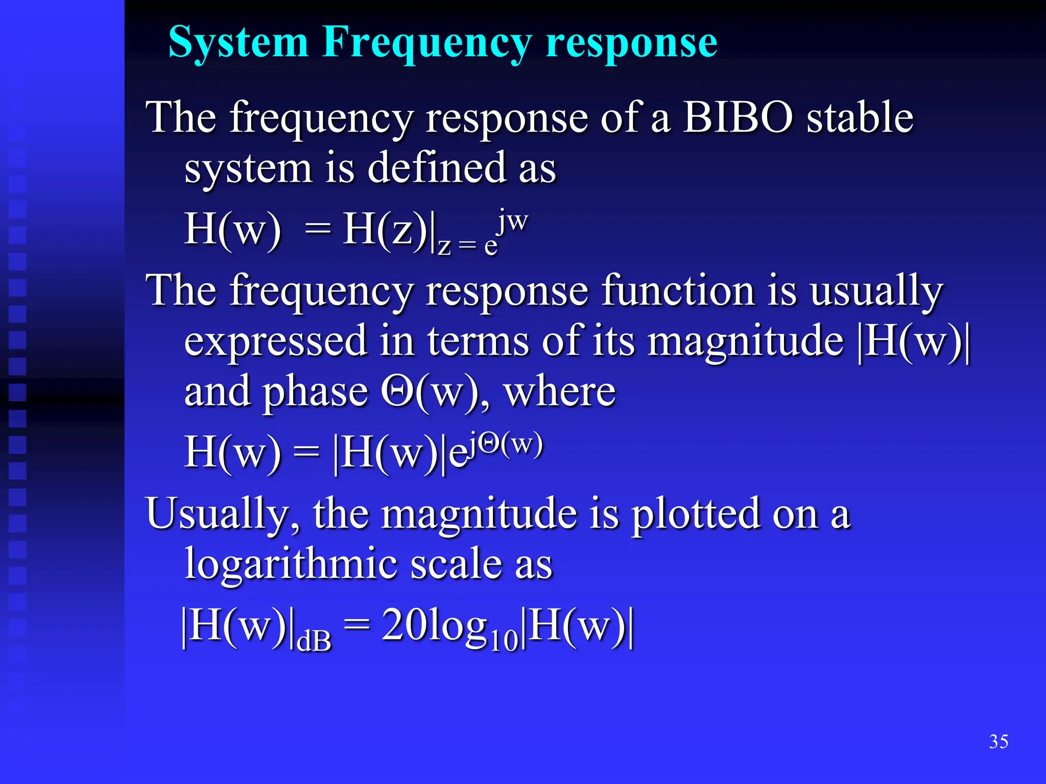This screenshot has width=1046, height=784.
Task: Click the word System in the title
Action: (x=238, y=43)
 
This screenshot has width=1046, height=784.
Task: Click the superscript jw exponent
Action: (x=513, y=221)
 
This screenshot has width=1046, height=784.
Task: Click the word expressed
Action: (x=275, y=341)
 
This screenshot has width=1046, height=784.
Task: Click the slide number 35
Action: (x=999, y=741)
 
